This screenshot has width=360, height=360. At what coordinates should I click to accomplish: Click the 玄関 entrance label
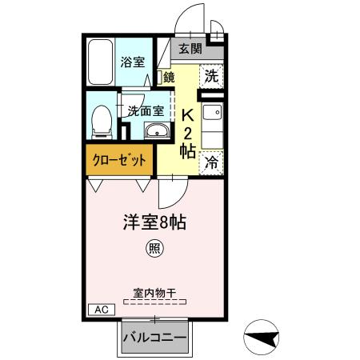pyautogui.click(x=190, y=49)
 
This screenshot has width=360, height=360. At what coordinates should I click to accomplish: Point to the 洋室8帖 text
pyautogui.click(x=154, y=222)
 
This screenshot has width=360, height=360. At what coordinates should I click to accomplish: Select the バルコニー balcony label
pyautogui.click(x=154, y=338)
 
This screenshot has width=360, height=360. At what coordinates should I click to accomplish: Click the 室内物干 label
pyautogui.click(x=154, y=292)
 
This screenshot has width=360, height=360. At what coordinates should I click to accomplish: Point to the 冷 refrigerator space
pyautogui.click(x=212, y=161)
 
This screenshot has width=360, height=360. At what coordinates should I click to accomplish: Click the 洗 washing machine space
pyautogui.click(x=210, y=77)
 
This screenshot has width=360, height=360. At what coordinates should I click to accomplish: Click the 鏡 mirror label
pyautogui.click(x=169, y=78)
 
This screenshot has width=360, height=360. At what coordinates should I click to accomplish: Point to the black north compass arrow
pyautogui.click(x=262, y=338)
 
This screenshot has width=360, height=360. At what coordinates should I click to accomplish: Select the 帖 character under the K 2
pyautogui.click(x=188, y=150)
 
